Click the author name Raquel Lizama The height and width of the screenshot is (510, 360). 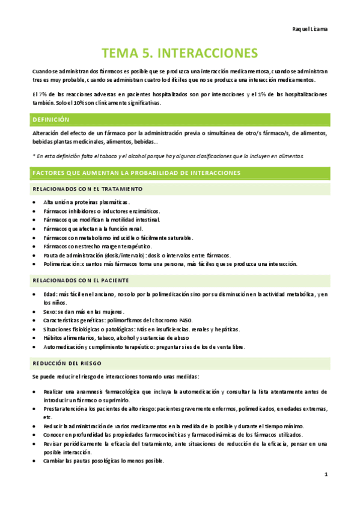[x=310, y=28]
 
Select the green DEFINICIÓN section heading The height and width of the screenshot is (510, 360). [x=51, y=120]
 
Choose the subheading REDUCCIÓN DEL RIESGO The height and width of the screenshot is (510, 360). [x=67, y=363]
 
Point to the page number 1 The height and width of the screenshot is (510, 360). [x=325, y=475]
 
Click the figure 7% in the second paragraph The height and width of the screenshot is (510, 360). [x=47, y=94]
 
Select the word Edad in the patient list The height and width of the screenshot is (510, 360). [x=50, y=294]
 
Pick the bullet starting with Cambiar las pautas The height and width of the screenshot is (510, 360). [x=103, y=461]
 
